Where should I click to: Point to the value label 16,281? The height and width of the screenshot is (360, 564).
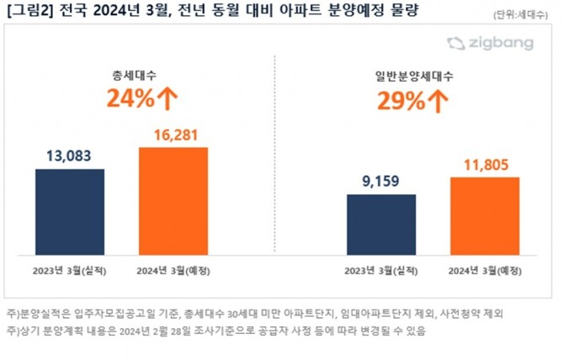tap(173, 134)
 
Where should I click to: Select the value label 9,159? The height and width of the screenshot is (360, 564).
tap(381, 181)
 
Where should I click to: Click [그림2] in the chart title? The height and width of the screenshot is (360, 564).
tap(29, 11)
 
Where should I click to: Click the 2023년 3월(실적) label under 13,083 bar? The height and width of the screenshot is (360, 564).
tap(70, 270)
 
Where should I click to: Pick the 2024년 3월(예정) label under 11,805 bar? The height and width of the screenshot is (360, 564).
tap(485, 270)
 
